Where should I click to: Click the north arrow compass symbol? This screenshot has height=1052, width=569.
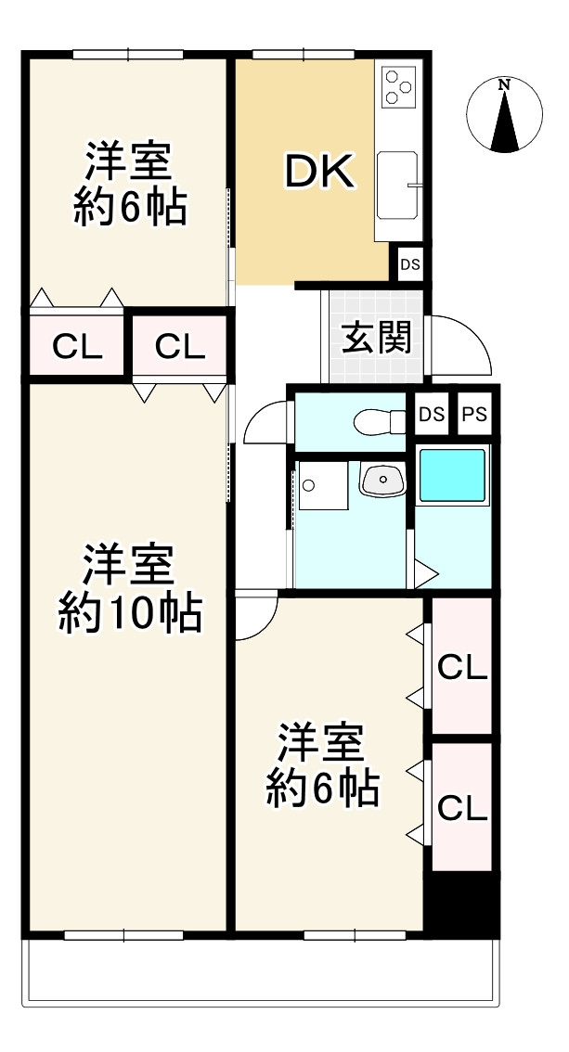click(x=504, y=115)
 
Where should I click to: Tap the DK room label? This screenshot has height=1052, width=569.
click(x=318, y=173)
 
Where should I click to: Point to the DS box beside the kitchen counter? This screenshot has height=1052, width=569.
click(x=410, y=264)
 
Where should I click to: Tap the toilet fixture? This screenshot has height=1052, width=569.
click(x=380, y=422)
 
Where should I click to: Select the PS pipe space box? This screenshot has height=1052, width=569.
click(x=474, y=415)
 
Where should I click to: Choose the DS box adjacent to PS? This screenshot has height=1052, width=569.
click(x=430, y=415)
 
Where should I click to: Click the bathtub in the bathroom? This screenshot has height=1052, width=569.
click(x=452, y=476)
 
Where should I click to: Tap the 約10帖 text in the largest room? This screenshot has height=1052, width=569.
click(x=130, y=613)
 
